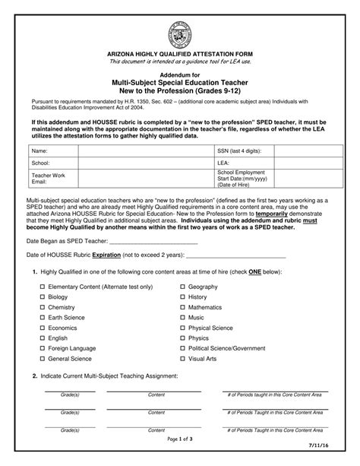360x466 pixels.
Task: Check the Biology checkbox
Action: point(42,297)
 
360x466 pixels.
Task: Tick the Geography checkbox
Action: point(182,287)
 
